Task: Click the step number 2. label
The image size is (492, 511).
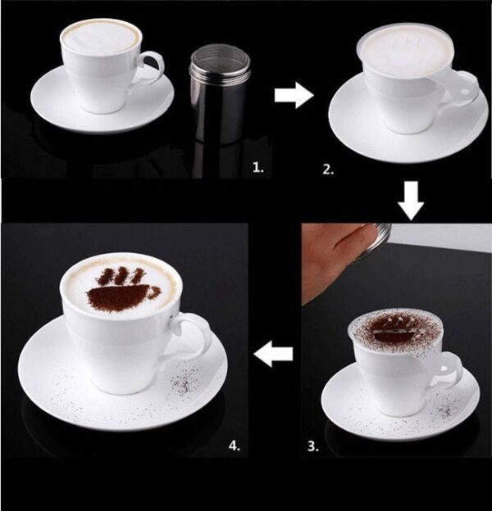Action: coord(328,170)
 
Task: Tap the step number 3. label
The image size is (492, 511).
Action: coord(312,446)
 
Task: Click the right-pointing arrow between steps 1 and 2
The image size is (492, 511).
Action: coord(294,97)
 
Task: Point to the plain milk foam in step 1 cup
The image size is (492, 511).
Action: coord(101,37)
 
